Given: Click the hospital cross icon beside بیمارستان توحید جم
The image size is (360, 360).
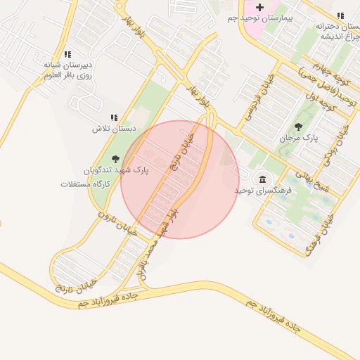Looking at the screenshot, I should coord(260,7).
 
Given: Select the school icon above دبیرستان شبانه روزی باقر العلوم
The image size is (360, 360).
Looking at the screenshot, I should coord(67,54).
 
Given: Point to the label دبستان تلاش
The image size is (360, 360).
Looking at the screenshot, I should coord(113,129).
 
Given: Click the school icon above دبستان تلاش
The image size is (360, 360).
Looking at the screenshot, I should coord(114,118).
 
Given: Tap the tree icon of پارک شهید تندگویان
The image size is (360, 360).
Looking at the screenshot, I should coord(115,160).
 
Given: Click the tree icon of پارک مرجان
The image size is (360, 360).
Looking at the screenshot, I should coord(298,127).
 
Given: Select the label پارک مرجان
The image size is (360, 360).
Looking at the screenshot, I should coord(299,138).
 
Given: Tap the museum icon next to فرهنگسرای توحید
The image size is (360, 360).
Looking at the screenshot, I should coord(263,179).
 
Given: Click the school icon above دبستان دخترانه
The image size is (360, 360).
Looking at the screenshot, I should coord(340,15).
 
